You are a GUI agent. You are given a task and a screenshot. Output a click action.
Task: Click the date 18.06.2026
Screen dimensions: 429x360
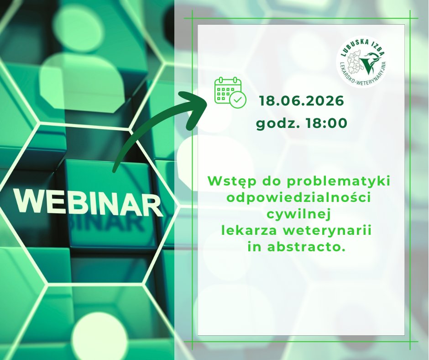click(302, 101)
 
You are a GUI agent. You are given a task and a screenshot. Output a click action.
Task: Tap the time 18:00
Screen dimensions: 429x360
click(326, 123)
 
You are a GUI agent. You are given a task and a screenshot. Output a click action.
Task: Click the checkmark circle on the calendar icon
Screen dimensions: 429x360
click(238, 100)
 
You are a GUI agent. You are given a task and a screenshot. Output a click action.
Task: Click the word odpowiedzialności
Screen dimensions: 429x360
click(299, 198)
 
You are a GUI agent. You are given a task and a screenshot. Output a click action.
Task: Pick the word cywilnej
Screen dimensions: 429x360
click(299, 215)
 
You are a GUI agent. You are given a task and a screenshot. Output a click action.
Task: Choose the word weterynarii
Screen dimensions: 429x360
click(327, 231)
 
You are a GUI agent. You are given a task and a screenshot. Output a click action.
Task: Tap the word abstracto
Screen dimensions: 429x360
click(305, 247)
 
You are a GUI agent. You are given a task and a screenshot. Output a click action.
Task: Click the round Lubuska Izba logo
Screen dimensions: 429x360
click(362, 62)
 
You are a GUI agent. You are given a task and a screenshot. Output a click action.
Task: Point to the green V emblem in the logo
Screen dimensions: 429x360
click(369, 63)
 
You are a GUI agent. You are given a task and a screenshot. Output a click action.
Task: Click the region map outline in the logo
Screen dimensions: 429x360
click(355, 63)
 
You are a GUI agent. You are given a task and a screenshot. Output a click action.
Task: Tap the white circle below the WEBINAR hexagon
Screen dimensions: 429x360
click(99, 336)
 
